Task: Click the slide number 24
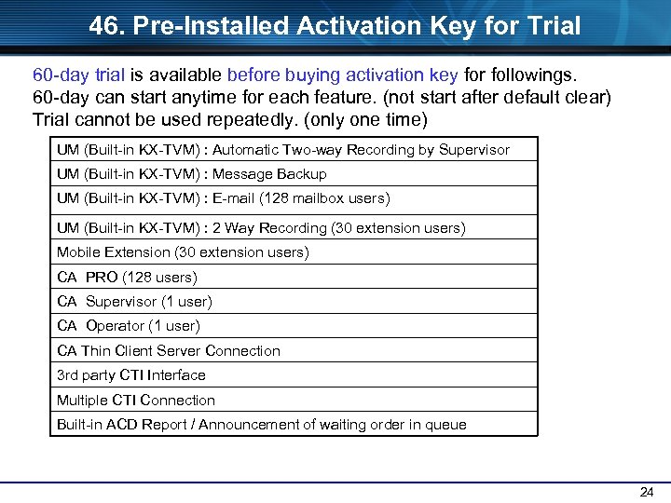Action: point(647,492)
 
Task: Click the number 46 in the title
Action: point(105,26)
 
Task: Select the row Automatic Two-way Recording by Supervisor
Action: point(283,150)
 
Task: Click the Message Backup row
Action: point(191,174)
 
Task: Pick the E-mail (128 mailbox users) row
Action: point(223,198)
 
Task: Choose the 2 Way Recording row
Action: point(261,228)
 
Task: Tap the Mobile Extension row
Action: point(183,252)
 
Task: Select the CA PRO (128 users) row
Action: point(127,278)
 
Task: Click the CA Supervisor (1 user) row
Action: point(134,302)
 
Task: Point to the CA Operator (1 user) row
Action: point(129,326)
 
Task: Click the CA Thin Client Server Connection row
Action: point(169,351)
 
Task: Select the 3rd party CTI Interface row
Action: point(131,375)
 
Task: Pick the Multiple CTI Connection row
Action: point(136,401)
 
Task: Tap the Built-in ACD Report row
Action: point(262,425)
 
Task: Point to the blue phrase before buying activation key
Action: point(342,75)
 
